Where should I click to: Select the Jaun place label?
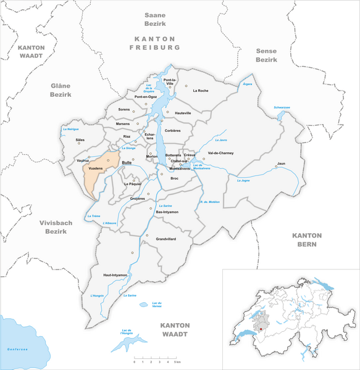[281, 163]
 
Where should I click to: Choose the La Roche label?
[201, 91]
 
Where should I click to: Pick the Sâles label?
[80, 140]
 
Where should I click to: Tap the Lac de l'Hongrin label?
[130, 332]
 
